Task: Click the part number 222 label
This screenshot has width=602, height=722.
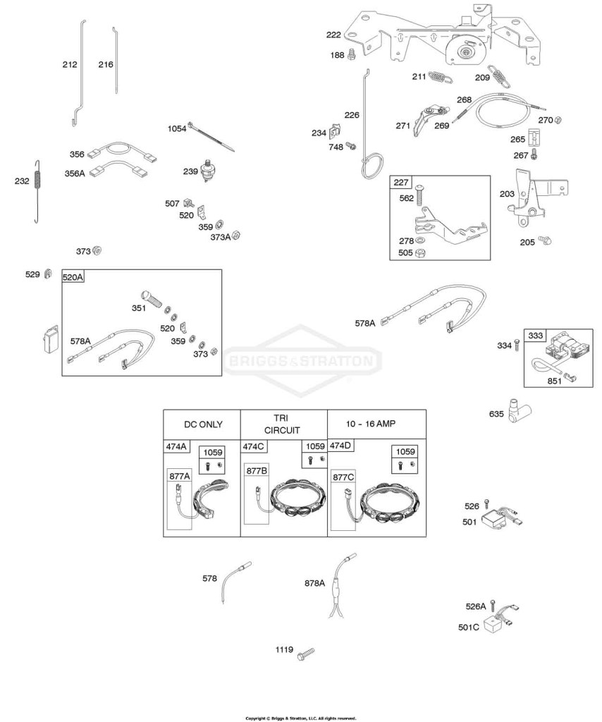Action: point(333,35)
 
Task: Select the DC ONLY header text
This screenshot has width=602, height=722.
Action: point(203,424)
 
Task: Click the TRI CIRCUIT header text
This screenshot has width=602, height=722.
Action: point(281,424)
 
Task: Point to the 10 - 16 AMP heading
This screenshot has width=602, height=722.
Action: point(371,424)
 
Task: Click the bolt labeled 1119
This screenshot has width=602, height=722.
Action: point(306,654)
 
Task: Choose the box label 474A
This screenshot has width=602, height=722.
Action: point(176,446)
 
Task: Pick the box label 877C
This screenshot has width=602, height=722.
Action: point(343,477)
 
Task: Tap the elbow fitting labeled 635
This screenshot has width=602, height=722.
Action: point(518,410)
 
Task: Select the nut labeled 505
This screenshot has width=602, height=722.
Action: point(419,253)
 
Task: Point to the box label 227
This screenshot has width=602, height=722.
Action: point(400,182)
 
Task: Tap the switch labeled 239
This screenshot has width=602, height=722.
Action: point(209,171)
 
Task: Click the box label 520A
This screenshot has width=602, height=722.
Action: point(73,276)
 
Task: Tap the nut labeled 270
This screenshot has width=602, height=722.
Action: point(557,120)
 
